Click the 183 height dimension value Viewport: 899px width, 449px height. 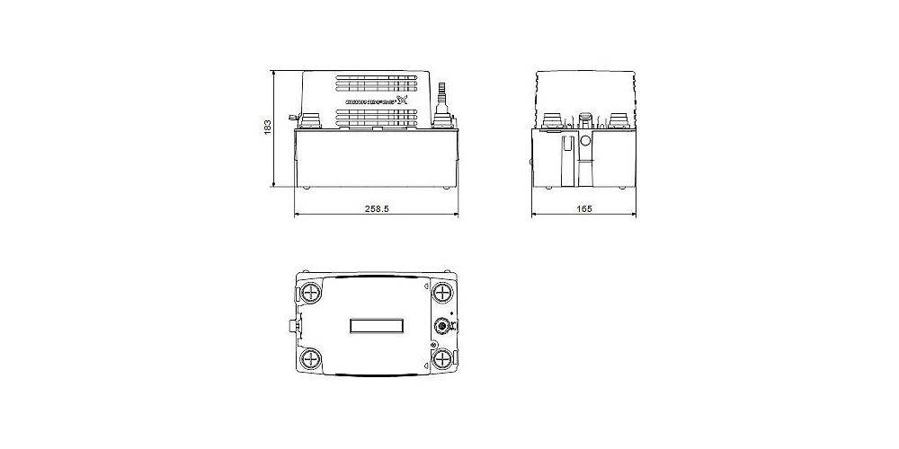pos(267,128)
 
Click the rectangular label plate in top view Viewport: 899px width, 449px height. pos(377,326)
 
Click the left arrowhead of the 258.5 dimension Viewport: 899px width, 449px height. pos(298,216)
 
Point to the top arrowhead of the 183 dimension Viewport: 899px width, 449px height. pos(275,73)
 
